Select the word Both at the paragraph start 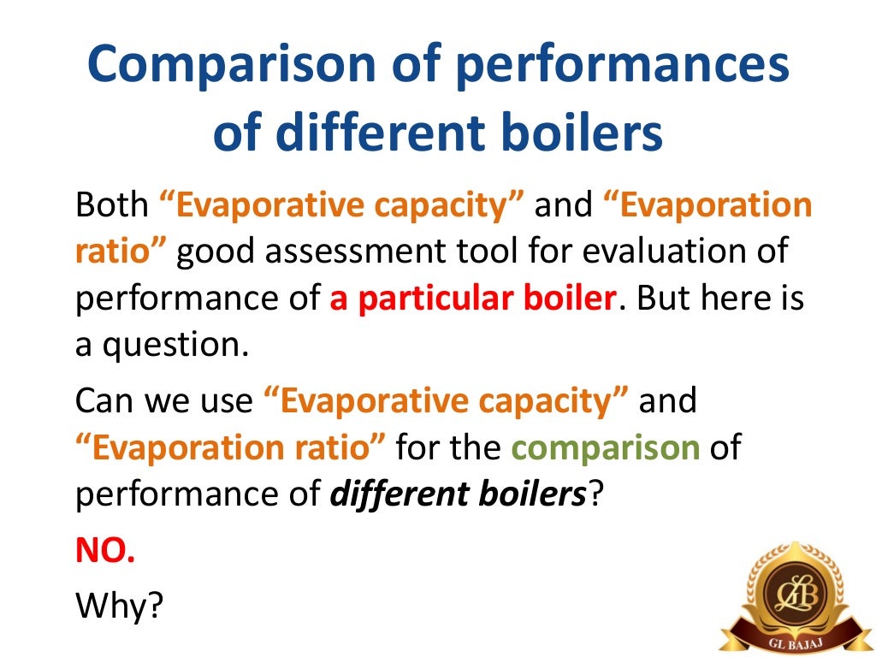click(110, 205)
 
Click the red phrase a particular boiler click(473, 300)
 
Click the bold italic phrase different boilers click(459, 495)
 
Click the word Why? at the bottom click(119, 605)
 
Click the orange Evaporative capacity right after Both click(341, 205)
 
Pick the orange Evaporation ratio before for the click(232, 447)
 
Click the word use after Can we click(228, 400)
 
